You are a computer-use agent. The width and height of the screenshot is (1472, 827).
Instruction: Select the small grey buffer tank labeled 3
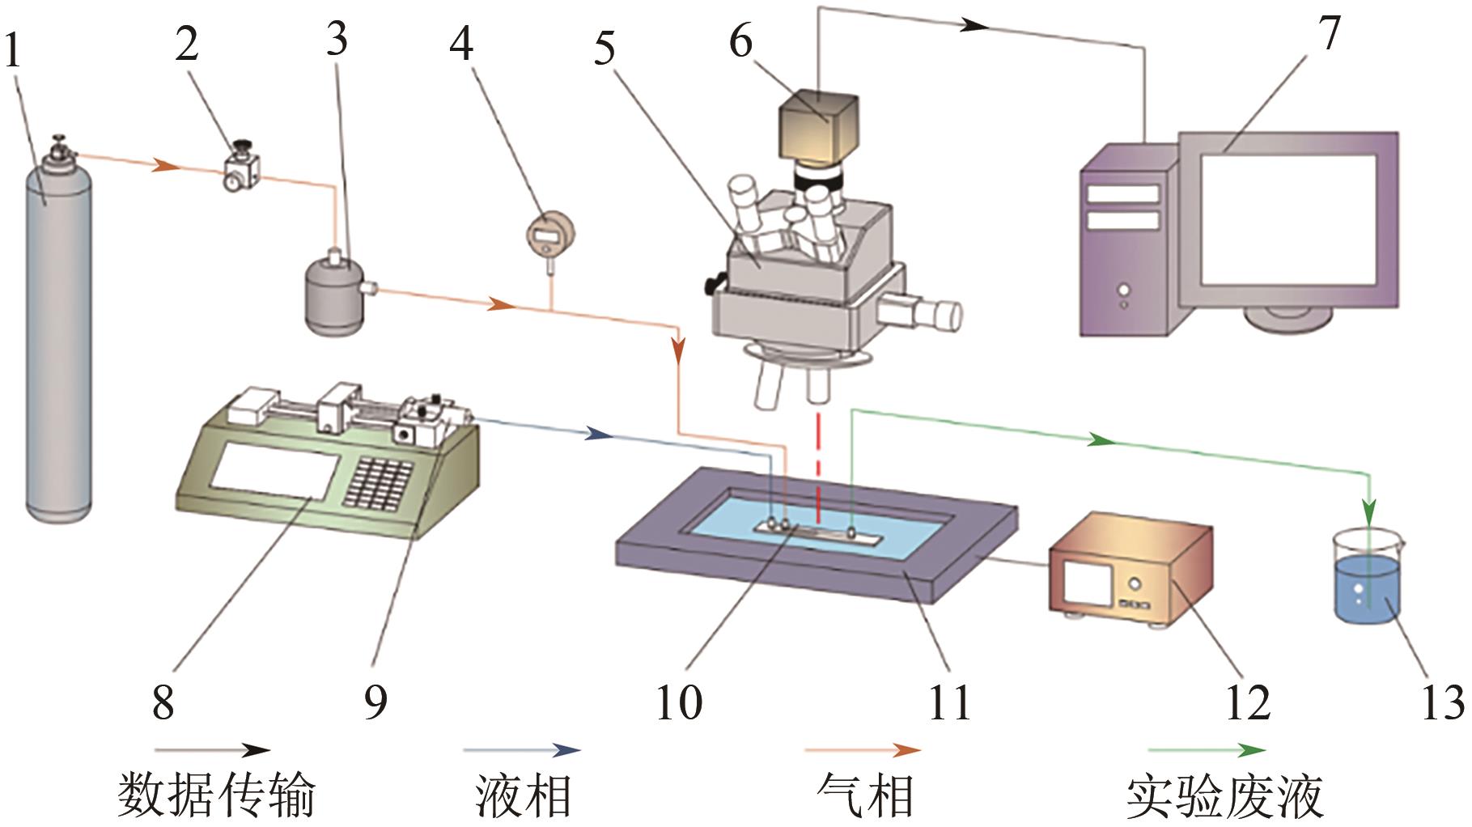point(333,295)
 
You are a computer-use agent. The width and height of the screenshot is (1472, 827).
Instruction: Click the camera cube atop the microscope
point(818,125)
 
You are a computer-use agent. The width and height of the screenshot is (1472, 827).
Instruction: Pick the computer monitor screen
point(1287,218)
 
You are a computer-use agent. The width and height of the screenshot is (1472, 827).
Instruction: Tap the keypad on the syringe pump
point(379,486)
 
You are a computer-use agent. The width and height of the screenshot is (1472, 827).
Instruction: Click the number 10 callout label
point(678,702)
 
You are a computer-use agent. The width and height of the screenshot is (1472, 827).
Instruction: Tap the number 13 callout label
point(1442,702)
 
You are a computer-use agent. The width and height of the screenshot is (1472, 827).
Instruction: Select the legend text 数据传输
point(217,795)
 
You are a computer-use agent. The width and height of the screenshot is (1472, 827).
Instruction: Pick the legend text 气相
point(865,795)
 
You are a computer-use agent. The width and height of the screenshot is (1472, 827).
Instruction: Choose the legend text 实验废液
point(1224,795)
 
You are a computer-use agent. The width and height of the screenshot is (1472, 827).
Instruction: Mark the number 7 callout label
point(1329,34)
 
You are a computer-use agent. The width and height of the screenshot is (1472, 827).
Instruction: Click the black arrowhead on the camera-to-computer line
point(975,25)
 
